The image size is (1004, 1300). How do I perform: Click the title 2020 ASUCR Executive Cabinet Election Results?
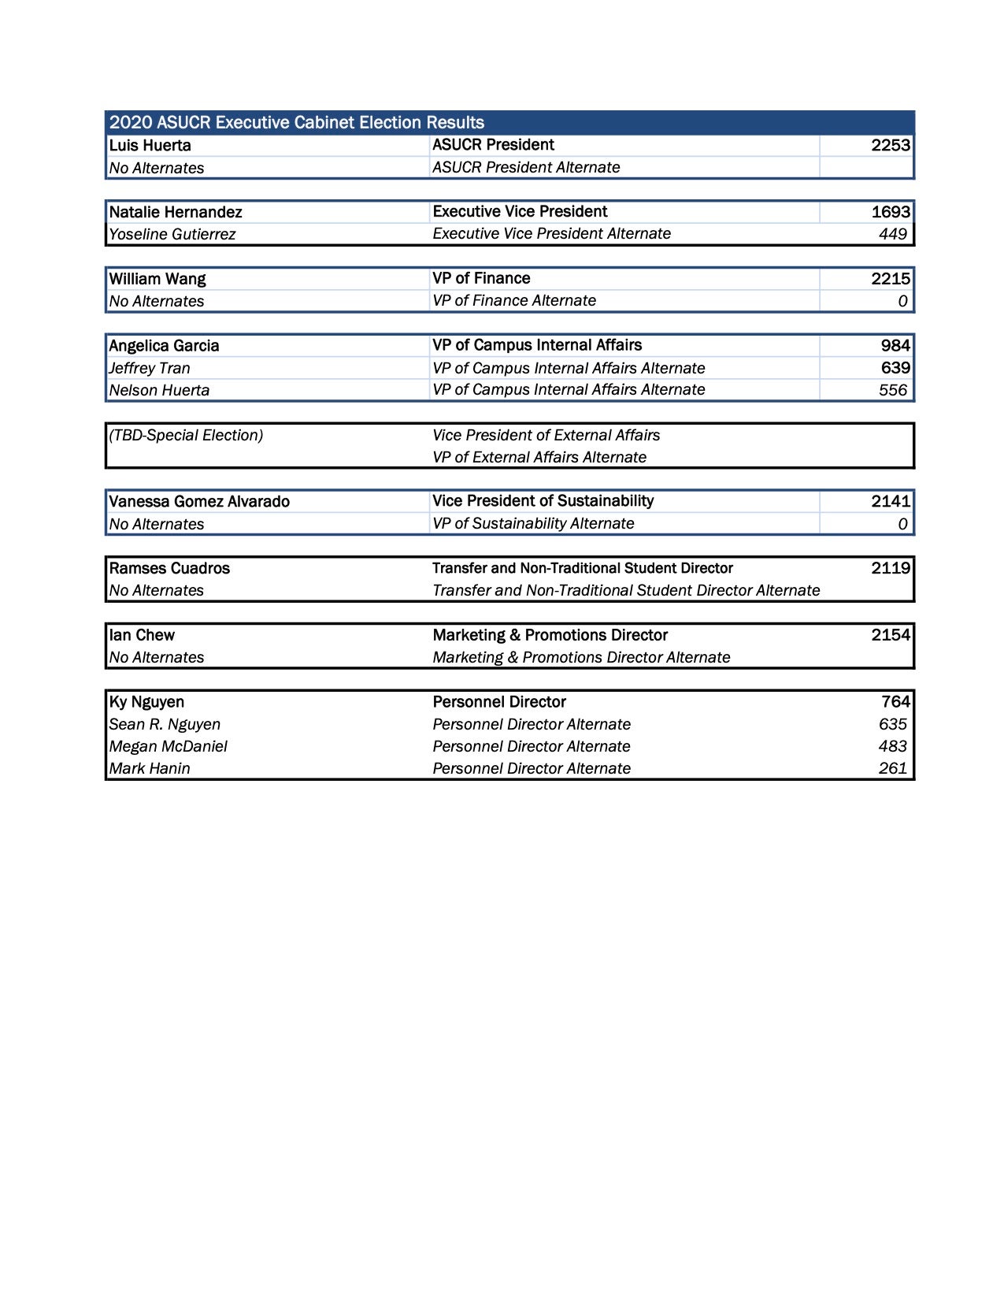coord(297,122)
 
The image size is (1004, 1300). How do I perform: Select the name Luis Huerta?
coord(150,146)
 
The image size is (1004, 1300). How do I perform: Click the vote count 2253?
coord(890,145)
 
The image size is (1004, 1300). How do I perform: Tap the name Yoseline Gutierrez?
coord(172,234)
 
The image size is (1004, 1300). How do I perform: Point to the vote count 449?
coord(892,234)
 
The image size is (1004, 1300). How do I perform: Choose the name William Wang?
coord(157,279)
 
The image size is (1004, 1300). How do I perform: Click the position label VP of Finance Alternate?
coord(513,300)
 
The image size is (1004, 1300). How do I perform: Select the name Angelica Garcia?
coord(164,346)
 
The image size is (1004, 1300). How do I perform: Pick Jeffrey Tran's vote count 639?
coord(895,368)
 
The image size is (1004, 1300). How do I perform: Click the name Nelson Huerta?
coord(159,390)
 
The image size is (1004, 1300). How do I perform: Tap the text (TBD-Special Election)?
coord(186,435)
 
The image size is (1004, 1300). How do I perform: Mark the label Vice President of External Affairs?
coord(546,435)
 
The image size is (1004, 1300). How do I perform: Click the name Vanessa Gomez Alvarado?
coord(199,502)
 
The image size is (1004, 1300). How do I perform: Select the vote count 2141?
coord(890,501)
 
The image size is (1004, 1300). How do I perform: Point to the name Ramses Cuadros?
coord(169,568)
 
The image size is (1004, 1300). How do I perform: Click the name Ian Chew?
coord(142,635)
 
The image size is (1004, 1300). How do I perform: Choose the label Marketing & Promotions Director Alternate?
coord(581,657)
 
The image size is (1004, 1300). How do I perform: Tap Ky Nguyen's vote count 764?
coord(895,702)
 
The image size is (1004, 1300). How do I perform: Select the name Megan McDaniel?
coord(168,746)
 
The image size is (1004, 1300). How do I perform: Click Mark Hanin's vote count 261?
coord(892,768)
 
